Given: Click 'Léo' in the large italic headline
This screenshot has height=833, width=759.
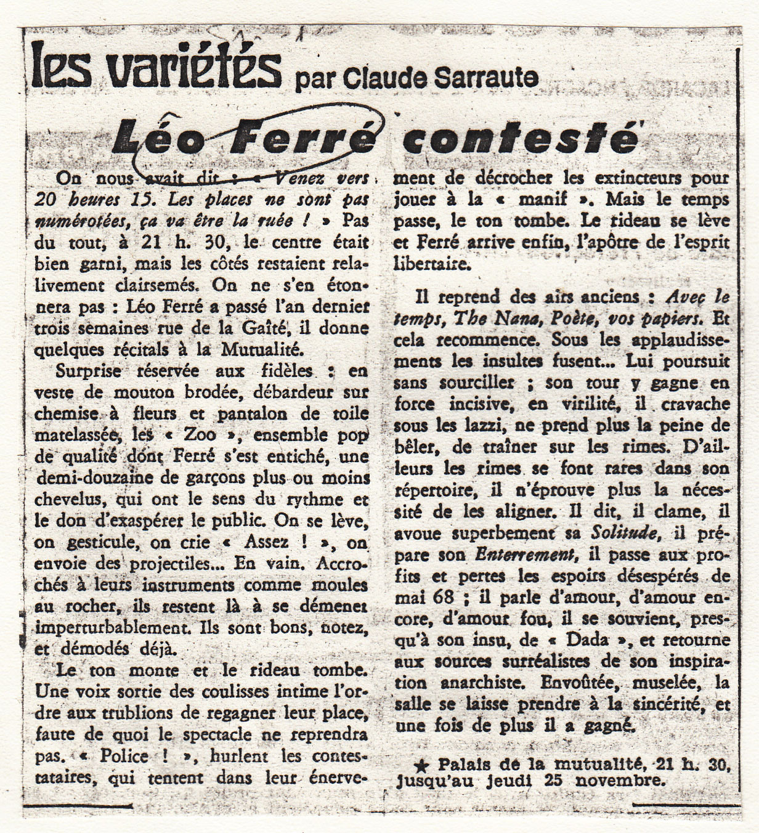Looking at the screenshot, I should (154, 136).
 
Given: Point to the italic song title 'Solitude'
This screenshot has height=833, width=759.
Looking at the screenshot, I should (622, 532).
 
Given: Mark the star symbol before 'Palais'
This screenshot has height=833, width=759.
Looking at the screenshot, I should (421, 766).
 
